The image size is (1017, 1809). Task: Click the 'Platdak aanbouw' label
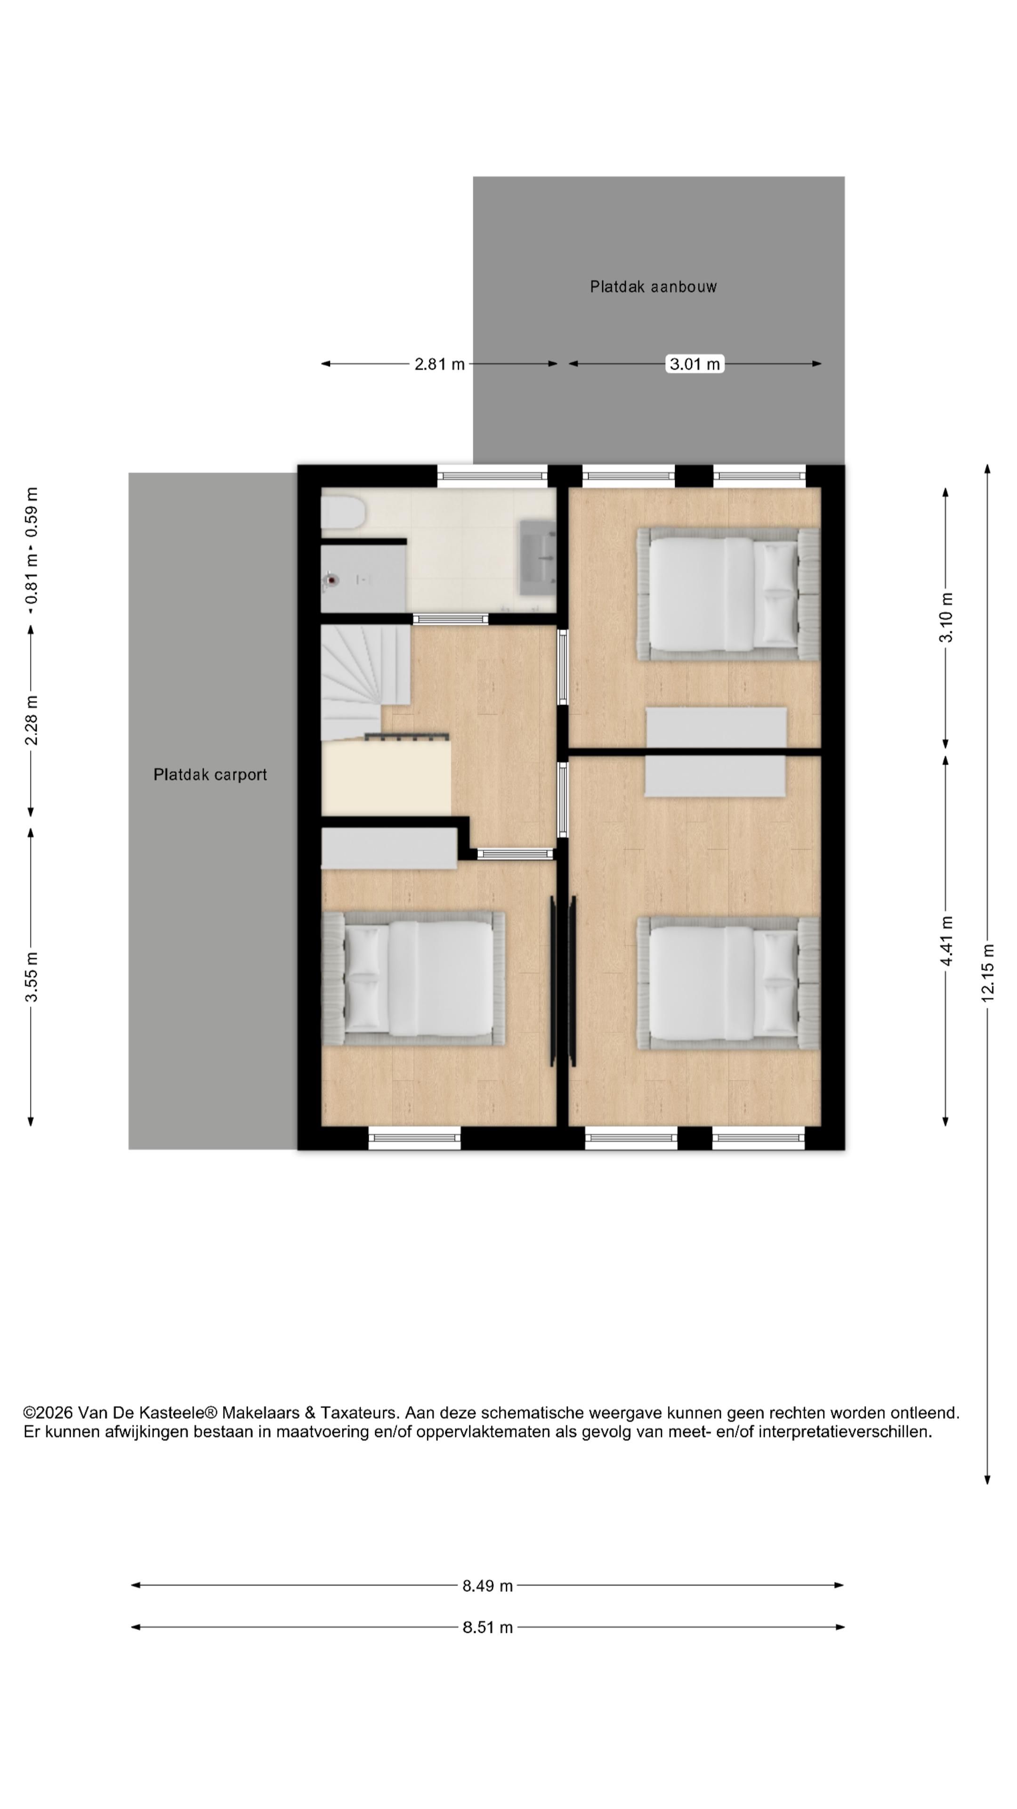(653, 286)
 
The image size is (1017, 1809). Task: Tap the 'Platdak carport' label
(210, 774)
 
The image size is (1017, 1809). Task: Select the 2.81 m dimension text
(439, 364)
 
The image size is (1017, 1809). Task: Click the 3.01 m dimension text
(694, 364)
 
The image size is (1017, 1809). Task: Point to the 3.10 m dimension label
(946, 617)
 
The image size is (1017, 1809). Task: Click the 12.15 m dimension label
(987, 973)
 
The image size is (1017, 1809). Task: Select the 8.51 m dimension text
(487, 1627)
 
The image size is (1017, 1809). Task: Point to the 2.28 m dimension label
(31, 720)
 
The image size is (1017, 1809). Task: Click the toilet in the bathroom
(342, 513)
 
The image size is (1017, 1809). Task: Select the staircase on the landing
(365, 681)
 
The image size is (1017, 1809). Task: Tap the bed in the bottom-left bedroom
(413, 978)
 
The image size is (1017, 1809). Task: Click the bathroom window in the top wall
(492, 476)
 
